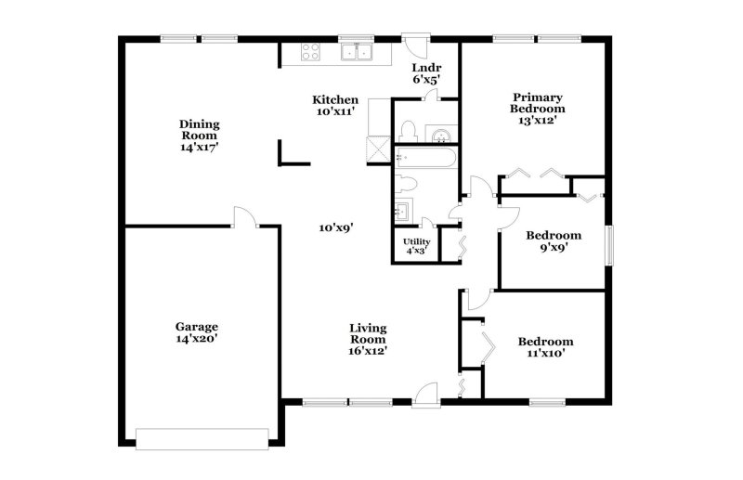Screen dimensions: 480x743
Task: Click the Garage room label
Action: pos(197,326)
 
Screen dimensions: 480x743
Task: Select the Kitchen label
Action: pos(335,99)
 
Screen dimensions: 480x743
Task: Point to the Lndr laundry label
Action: pos(427,68)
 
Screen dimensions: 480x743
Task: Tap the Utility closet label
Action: pos(416,241)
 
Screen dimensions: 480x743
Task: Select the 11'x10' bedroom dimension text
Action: pos(545,353)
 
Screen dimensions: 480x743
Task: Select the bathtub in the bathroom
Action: pos(426,158)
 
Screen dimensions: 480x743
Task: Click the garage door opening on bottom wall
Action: pos(202,433)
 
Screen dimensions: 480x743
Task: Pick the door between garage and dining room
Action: pos(244,217)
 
